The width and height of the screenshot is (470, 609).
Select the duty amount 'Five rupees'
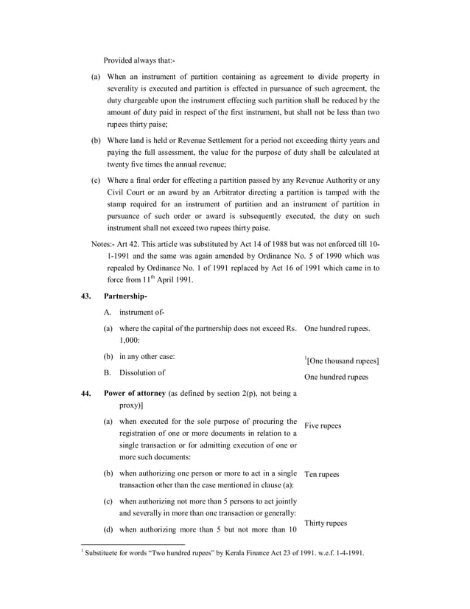(323, 426)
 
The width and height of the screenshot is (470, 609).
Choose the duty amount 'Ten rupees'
(321, 474)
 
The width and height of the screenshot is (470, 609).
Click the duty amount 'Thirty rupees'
(325, 523)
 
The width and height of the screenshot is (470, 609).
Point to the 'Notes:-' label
(103, 244)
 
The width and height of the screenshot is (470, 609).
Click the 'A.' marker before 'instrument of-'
(108, 313)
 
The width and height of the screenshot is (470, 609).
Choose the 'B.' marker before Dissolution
(108, 373)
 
